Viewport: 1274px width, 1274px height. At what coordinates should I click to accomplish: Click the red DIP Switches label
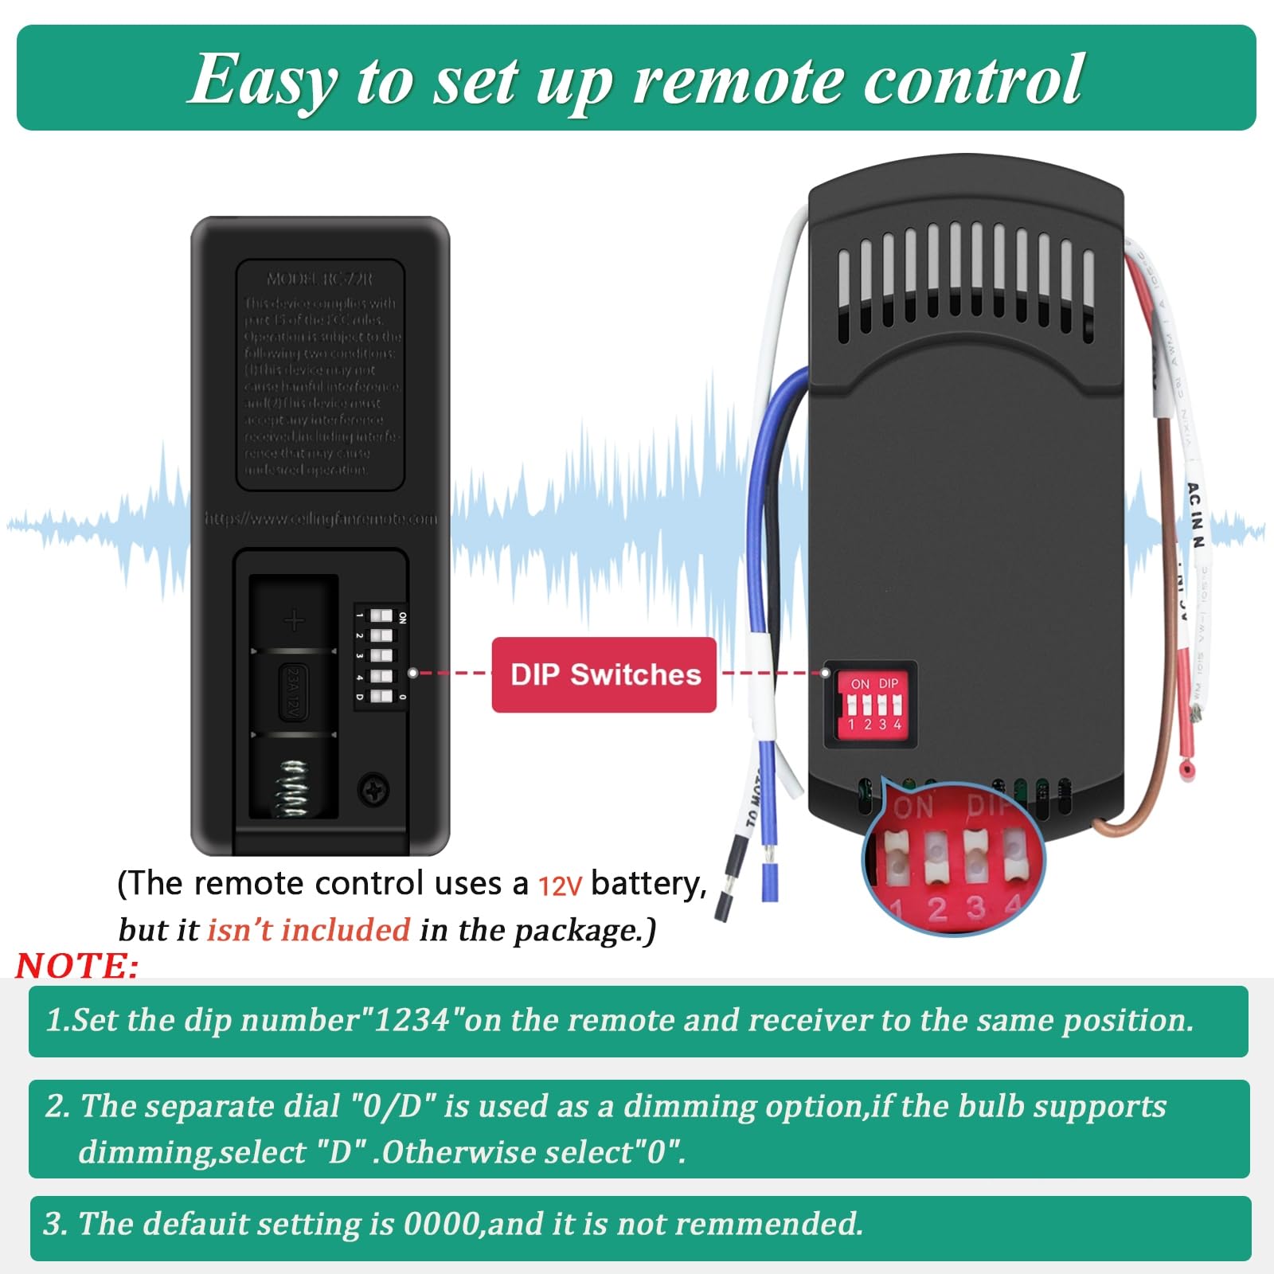coord(604,674)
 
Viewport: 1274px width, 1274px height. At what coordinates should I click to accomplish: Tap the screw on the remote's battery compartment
coord(373,789)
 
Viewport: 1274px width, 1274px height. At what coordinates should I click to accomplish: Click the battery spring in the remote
coord(293,787)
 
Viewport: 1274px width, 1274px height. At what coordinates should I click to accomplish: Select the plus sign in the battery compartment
coord(295,620)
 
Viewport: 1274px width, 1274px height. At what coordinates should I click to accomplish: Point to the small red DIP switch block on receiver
coord(873,705)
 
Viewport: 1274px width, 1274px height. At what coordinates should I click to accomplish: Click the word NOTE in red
coord(76,966)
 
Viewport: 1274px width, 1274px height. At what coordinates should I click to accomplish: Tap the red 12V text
coord(560,885)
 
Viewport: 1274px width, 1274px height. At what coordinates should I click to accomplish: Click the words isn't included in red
coord(308,930)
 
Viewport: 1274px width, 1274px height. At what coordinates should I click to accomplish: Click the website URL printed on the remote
coord(321,519)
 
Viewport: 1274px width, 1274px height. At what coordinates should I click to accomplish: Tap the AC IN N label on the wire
coord(1195,514)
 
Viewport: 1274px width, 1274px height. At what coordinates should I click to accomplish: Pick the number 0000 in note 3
coord(442,1224)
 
